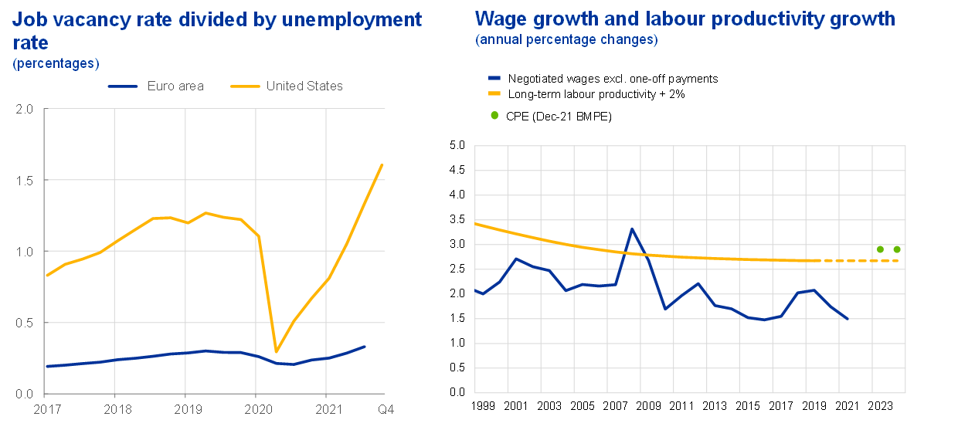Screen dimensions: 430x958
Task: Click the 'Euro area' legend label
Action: (175, 86)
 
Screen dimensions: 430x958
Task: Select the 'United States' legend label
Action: (304, 86)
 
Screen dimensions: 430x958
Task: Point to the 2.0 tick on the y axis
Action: (24, 109)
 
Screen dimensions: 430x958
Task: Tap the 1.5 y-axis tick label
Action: (24, 180)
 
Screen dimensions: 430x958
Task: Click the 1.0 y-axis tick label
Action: (24, 252)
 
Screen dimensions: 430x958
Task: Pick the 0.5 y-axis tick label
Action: (24, 323)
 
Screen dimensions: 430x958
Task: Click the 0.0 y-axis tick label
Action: (24, 394)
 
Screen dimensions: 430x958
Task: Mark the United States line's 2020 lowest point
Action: (276, 352)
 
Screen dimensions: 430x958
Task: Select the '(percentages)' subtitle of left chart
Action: (56, 63)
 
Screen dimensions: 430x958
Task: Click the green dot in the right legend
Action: (494, 115)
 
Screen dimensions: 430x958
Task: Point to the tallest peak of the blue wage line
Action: (633, 229)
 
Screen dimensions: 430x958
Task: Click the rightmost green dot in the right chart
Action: (897, 249)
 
